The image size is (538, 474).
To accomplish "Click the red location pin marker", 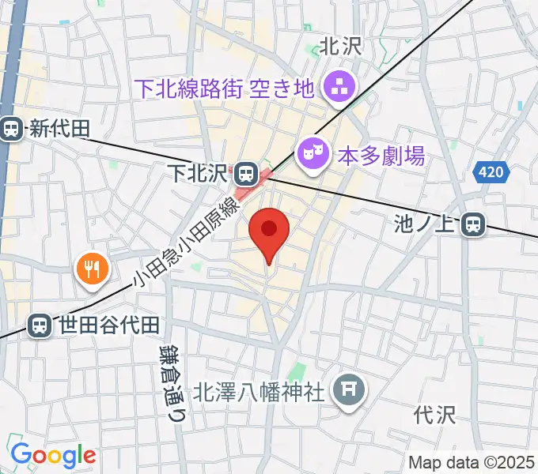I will (x=268, y=231).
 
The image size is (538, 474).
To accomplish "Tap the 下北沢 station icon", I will (x=246, y=171).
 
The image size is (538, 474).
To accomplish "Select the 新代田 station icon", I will (x=11, y=129).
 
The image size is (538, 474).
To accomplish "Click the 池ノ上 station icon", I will (x=474, y=225).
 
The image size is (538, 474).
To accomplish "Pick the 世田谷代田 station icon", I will (x=38, y=324).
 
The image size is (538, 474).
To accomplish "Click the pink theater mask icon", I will (x=311, y=152).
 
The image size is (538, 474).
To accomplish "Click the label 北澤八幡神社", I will (x=260, y=391).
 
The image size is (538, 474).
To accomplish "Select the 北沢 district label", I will (x=341, y=47).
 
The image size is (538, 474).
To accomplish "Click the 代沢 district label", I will (x=435, y=414).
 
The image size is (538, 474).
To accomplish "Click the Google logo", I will (x=53, y=455).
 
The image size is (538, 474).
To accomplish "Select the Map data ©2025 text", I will (x=472, y=462).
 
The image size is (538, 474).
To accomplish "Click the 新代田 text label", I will (x=61, y=129).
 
